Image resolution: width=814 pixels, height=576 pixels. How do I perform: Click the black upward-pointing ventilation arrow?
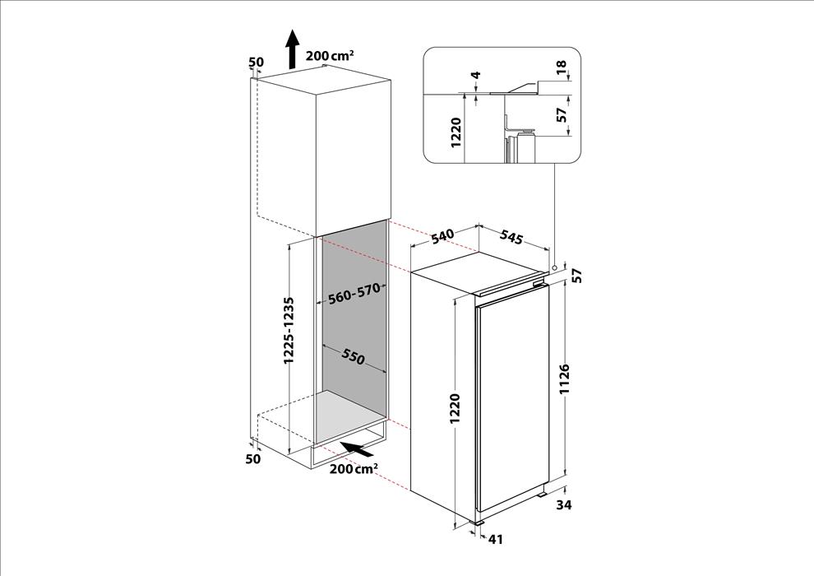coord(294,49)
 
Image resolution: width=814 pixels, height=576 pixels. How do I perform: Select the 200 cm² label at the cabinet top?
coord(331,55)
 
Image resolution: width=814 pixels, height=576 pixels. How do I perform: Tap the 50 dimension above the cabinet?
coord(257,63)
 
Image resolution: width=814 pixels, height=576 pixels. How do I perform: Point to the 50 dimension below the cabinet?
coord(252,458)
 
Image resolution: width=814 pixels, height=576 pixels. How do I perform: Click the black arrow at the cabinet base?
coord(358,449)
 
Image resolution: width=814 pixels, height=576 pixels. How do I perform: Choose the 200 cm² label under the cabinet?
coord(354,469)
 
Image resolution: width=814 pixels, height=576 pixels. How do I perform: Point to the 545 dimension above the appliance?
coord(511,237)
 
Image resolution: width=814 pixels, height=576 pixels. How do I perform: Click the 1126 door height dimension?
coord(565,379)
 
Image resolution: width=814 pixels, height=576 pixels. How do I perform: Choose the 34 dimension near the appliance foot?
coord(563,504)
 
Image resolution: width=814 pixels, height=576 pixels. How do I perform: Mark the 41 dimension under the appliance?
coord(496,540)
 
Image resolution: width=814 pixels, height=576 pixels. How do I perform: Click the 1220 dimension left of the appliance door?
coord(455,408)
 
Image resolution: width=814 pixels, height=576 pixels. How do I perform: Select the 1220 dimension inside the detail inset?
coord(456,132)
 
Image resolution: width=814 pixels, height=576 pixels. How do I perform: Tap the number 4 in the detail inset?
coord(476,74)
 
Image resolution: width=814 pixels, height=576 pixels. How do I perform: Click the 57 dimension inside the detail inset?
coord(562,114)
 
